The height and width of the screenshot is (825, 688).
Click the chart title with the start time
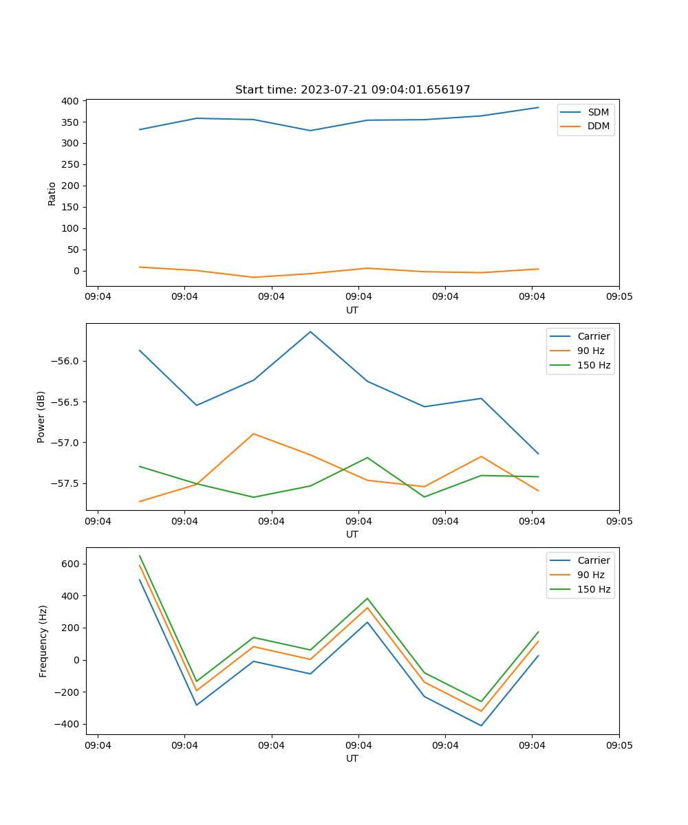point(352,90)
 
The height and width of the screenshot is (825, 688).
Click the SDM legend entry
point(598,112)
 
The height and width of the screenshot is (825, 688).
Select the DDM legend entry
point(598,126)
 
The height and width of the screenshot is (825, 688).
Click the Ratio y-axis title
point(52,193)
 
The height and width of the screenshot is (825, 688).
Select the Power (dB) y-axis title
point(41,417)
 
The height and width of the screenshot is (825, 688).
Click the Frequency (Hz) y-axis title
point(43,641)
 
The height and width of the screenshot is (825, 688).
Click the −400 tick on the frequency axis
point(69,724)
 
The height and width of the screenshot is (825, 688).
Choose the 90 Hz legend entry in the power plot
point(590,351)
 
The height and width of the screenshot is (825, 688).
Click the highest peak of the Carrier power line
point(310,331)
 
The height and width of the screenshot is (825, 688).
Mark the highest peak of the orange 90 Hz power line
point(253,434)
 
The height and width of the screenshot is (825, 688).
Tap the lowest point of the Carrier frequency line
point(481,725)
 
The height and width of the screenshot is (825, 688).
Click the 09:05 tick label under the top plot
point(619,297)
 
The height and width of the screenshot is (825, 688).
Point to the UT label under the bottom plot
point(352,758)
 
